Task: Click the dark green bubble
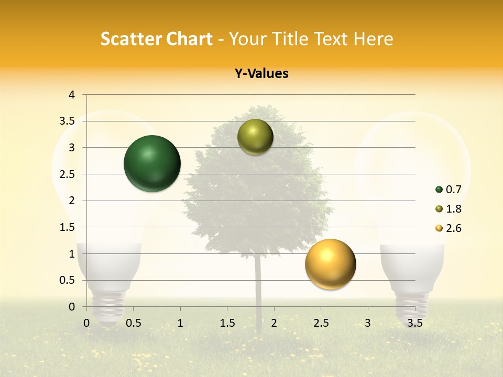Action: (152, 163)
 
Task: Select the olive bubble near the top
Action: (255, 137)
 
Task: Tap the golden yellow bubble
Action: (330, 264)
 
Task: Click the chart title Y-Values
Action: (261, 74)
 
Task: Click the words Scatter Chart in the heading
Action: (156, 39)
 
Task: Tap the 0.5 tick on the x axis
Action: (134, 323)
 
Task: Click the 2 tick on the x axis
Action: (274, 323)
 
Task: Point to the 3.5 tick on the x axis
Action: (414, 323)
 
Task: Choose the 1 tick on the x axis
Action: (180, 323)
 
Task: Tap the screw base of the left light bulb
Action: (107, 306)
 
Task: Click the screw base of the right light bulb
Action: (411, 306)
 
